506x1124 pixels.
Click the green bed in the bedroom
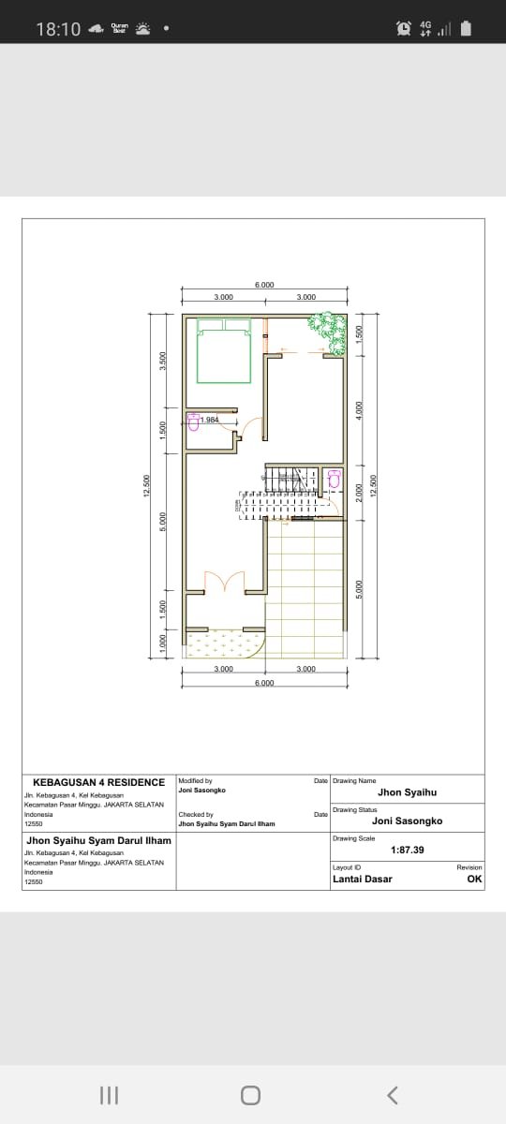pos(225,351)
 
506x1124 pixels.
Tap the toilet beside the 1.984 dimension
pos(194,421)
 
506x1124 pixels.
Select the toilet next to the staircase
pos(335,480)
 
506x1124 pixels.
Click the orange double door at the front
pos(225,582)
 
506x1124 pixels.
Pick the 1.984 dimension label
pos(209,420)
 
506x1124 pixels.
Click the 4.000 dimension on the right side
pos(359,410)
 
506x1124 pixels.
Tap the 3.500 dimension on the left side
pos(163,361)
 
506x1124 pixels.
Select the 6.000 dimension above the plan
pos(264,285)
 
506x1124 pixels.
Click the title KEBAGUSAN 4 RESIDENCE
pos(98,782)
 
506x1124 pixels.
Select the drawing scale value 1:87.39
pos(407,850)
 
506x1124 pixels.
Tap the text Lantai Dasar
pos(363,879)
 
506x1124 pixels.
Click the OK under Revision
pos(474,879)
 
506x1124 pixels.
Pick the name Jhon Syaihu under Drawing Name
pos(407,792)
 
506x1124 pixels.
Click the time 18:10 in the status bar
pos(58,29)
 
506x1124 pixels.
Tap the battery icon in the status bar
pos(466,29)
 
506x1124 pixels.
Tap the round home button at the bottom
pos(249,1094)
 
